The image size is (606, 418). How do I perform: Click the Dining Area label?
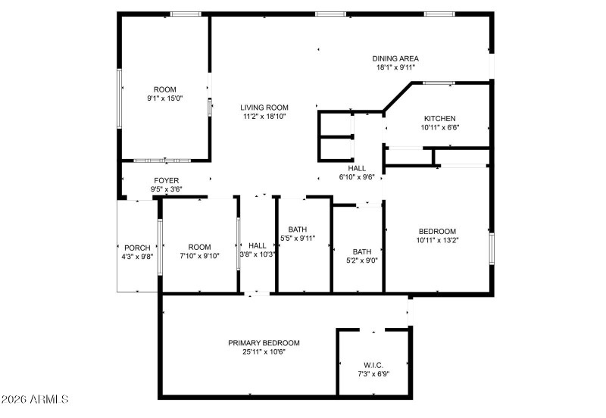[x=395, y=58]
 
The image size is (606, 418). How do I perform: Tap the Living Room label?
[x=265, y=108]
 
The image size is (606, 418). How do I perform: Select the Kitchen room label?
[x=439, y=118]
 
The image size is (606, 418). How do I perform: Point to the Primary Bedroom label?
[x=264, y=342]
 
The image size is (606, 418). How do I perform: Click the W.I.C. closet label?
[x=373, y=363]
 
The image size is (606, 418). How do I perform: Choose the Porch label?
[x=137, y=248]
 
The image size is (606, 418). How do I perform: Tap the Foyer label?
[x=167, y=181]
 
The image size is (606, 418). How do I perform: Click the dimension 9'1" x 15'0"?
[x=165, y=98]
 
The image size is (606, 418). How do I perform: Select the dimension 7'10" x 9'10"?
[x=200, y=256]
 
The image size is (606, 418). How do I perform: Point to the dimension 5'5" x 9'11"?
[x=297, y=239]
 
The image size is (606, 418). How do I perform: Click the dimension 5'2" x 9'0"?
[x=361, y=261]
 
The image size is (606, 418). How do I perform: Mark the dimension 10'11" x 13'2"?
[x=437, y=240]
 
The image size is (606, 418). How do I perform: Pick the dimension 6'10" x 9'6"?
[x=357, y=177]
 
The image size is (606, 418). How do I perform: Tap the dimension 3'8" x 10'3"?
[x=258, y=254]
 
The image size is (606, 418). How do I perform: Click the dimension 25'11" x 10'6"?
[x=264, y=351]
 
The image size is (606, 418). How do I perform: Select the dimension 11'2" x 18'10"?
[x=265, y=117]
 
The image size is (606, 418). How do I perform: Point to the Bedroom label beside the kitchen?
[x=437, y=231]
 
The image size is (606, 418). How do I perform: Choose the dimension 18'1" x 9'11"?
[x=395, y=67]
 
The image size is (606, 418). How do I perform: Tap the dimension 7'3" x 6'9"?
[x=373, y=373]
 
